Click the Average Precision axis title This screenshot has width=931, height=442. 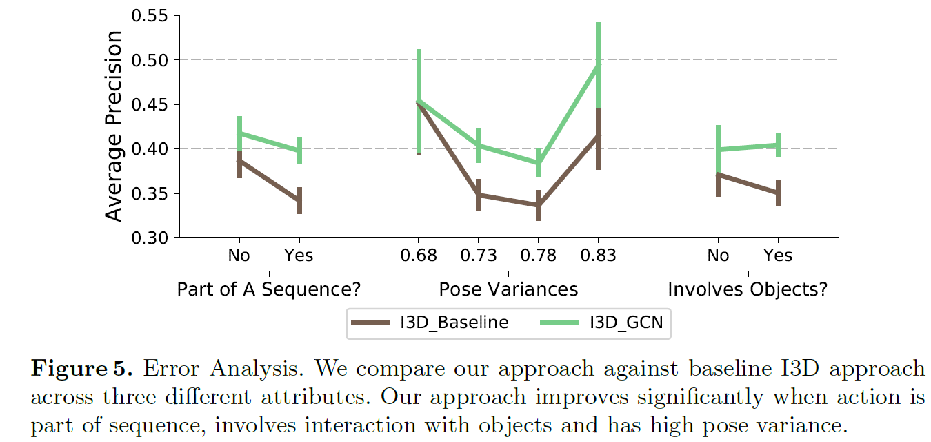click(114, 126)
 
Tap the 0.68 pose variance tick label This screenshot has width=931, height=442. click(419, 256)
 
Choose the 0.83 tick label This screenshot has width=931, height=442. click(598, 256)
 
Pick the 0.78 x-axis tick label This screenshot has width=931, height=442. click(538, 256)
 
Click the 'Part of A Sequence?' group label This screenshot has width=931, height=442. click(269, 289)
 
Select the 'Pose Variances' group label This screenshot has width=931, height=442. click(508, 289)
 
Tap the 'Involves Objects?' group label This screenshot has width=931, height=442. click(748, 289)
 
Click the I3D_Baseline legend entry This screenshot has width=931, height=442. click(429, 323)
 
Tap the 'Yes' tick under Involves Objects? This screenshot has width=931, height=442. click(778, 256)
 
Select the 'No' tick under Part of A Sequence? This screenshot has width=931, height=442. click(239, 256)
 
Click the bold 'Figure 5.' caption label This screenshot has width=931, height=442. click(82, 368)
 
